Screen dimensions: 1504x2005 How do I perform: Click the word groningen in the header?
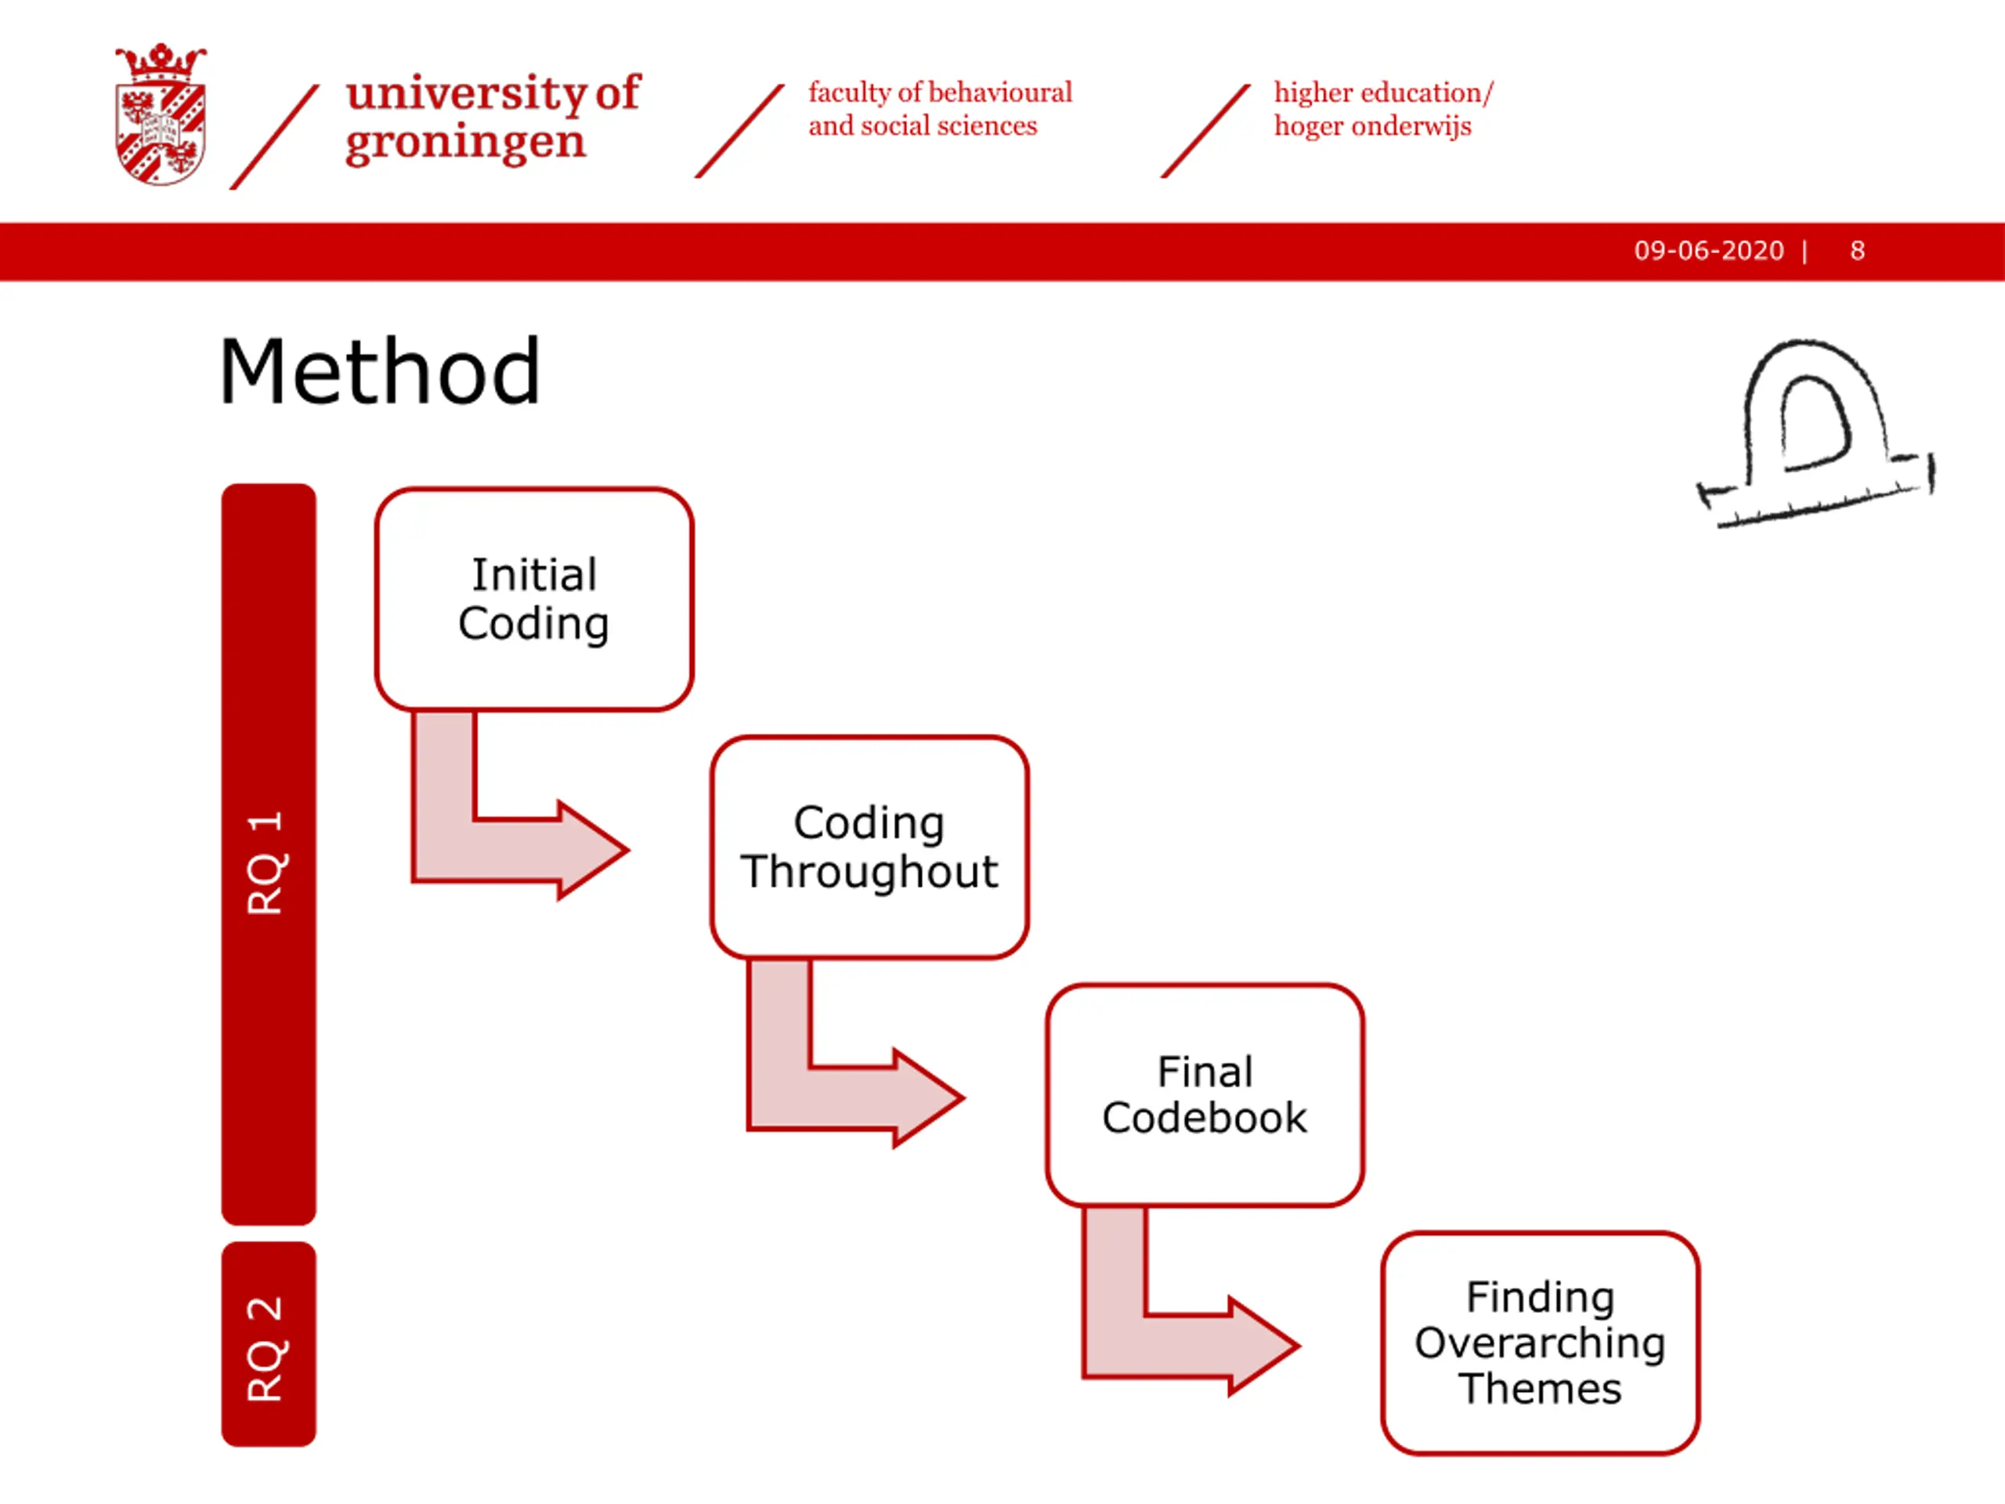465,143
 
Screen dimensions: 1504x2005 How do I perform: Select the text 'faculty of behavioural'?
940,92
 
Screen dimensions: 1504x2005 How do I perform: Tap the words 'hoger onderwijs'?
1372,126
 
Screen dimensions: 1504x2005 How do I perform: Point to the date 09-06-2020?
1709,251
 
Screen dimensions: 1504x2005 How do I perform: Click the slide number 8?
1857,251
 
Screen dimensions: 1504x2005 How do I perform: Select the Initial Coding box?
534,599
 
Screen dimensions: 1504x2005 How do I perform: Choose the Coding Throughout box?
869,847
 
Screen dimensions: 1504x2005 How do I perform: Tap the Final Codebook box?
1205,1095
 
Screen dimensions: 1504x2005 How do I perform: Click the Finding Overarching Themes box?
1540,1343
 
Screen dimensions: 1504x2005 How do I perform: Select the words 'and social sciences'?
923,126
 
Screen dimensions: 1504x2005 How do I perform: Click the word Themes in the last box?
1540,1389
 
